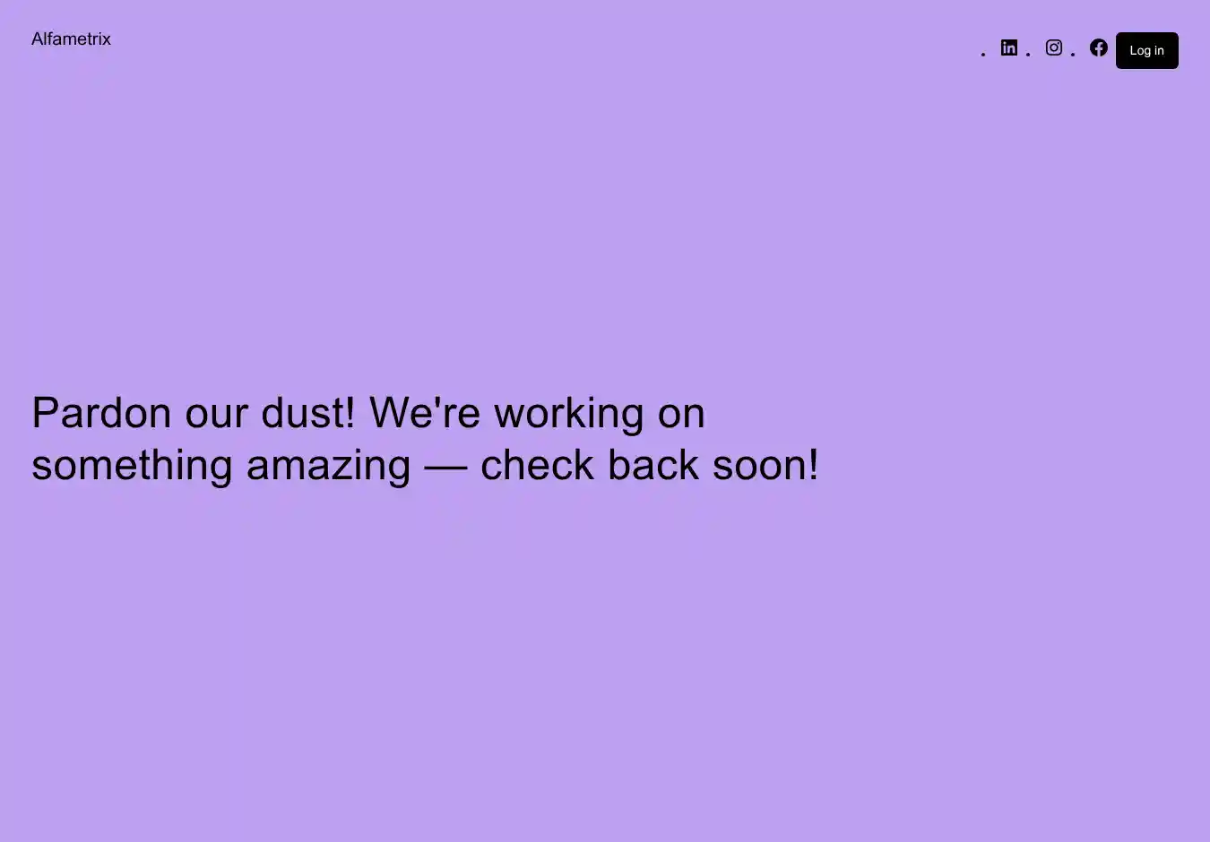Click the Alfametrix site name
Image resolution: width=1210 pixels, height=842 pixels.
tap(71, 39)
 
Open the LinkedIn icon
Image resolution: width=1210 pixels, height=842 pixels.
tap(1008, 47)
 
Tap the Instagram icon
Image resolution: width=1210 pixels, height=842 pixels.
tap(1053, 47)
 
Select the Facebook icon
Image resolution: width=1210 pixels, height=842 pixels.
tap(1098, 47)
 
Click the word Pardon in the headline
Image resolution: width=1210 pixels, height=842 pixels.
tap(101, 413)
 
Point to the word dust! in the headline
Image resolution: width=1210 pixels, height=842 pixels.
tap(308, 413)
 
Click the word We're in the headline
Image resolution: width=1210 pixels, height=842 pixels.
tap(425, 413)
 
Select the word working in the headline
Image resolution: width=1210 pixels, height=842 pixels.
tap(569, 415)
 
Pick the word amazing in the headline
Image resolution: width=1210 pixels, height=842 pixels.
tap(328, 467)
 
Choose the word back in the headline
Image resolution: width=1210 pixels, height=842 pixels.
tap(653, 465)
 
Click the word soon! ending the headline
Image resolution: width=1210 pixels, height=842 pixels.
tap(765, 465)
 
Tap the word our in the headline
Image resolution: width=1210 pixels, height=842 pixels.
tap(216, 417)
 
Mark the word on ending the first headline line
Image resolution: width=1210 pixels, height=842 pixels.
tap(681, 417)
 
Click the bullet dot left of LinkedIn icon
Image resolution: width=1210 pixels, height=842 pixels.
tap(983, 54)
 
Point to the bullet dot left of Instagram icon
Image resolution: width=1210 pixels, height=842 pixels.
tap(1028, 54)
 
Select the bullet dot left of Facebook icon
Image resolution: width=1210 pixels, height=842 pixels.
tap(1073, 54)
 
